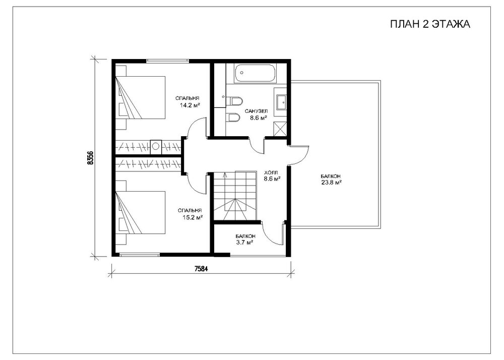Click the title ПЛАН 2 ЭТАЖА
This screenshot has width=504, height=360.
430,24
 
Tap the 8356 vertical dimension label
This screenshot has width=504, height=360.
90,157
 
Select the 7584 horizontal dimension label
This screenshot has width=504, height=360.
201,269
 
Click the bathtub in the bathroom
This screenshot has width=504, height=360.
255,73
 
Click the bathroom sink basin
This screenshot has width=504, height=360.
281,102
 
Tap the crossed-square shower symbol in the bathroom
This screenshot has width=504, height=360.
280,129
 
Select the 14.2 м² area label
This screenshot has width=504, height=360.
190,105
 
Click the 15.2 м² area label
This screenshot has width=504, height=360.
192,218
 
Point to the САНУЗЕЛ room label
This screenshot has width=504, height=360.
256,111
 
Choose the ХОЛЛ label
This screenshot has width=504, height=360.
271,172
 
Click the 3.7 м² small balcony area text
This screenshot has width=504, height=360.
244,243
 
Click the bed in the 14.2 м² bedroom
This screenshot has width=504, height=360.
140,97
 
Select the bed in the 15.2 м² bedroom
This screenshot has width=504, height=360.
140,212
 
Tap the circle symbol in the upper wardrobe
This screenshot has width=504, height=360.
156,146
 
